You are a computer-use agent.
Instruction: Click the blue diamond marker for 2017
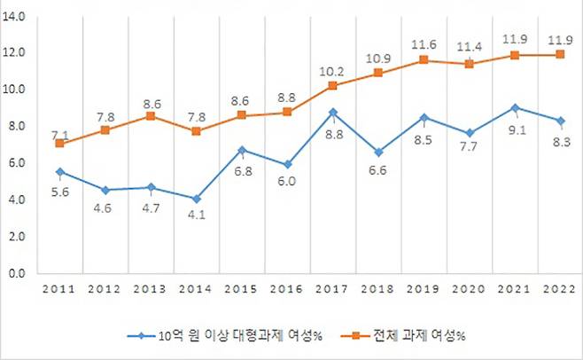click(x=331, y=113)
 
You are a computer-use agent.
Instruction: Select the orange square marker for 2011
click(x=59, y=143)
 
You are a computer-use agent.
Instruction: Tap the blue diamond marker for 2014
click(x=196, y=199)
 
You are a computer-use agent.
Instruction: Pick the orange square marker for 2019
click(x=424, y=60)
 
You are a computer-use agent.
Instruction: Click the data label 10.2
click(x=331, y=72)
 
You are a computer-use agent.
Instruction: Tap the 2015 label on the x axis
click(x=241, y=290)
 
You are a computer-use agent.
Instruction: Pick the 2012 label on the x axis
click(x=105, y=290)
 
